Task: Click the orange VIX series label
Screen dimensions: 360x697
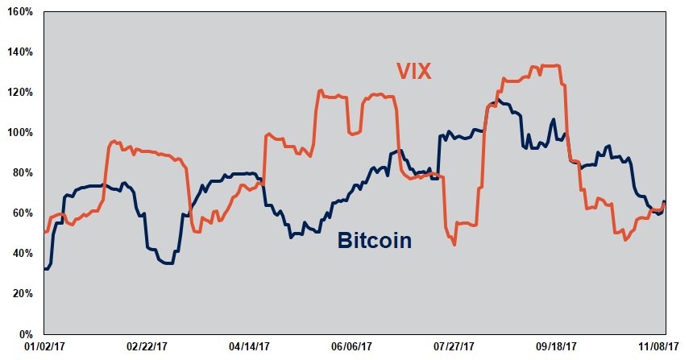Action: (413, 71)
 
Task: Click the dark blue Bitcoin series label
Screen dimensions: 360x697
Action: (375, 240)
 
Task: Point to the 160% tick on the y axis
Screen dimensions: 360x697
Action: (19, 12)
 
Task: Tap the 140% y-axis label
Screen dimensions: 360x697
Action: (19, 52)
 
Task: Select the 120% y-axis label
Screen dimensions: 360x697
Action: (19, 93)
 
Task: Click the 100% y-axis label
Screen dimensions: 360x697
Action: (19, 133)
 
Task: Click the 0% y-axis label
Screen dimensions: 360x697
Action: (24, 334)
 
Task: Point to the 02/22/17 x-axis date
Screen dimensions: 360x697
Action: (147, 347)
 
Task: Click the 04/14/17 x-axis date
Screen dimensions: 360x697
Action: (250, 347)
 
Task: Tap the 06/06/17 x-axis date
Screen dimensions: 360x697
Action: (353, 347)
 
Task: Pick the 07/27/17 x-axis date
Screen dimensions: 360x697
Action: (455, 347)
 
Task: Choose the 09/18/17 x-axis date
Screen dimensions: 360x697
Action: (558, 347)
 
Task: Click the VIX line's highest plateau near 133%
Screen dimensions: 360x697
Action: (550, 66)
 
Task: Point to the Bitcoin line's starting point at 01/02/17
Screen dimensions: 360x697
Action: (44, 268)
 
